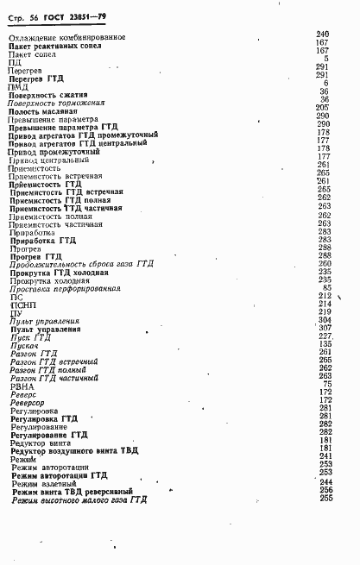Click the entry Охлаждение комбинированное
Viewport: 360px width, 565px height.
66,36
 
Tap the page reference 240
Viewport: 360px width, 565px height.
323,34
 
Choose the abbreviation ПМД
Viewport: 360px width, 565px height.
17,85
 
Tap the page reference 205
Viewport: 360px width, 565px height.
323,107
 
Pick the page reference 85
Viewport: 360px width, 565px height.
326,286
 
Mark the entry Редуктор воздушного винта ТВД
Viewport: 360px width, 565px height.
73,451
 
